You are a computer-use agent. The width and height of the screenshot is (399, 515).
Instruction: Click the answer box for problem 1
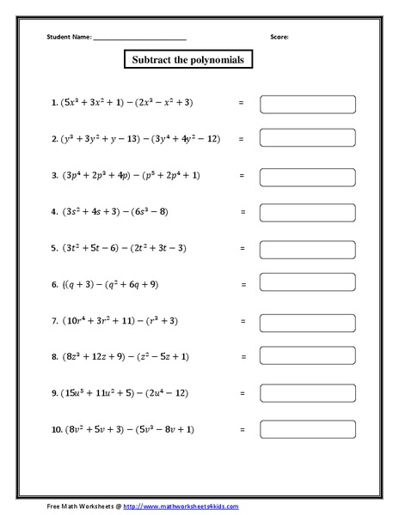click(x=307, y=103)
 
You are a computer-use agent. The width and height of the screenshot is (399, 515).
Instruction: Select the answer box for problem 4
click(x=307, y=211)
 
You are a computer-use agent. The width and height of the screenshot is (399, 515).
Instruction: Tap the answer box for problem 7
click(x=307, y=320)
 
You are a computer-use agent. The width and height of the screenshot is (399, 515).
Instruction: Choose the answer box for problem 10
click(x=307, y=429)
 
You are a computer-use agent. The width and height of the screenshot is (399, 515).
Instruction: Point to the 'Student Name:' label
click(x=68, y=37)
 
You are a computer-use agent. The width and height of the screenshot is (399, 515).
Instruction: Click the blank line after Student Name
click(x=139, y=38)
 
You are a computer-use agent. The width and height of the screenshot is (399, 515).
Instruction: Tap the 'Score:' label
click(x=280, y=37)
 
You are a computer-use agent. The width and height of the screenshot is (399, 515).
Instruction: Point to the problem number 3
click(x=54, y=175)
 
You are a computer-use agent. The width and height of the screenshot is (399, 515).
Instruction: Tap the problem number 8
click(x=54, y=356)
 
